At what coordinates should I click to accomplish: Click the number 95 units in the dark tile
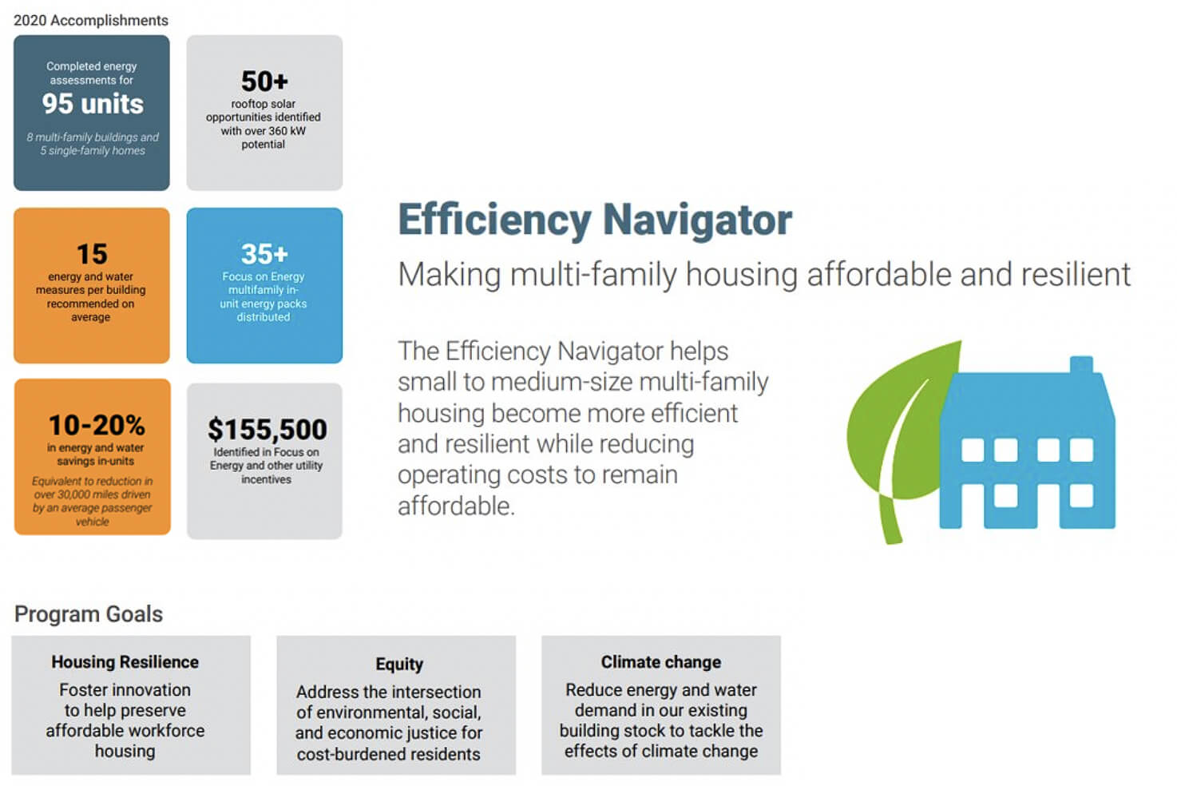tap(93, 104)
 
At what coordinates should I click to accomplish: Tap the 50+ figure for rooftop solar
tap(264, 81)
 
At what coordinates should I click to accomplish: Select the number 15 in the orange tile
tap(92, 254)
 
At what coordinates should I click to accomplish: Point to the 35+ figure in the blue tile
tap(264, 254)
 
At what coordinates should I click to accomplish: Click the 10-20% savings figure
tap(97, 425)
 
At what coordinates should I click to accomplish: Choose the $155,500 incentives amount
tap(267, 430)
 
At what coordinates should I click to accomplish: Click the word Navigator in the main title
tap(697, 221)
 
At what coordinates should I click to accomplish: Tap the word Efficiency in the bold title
tap(494, 221)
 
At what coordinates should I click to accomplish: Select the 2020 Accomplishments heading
tap(91, 21)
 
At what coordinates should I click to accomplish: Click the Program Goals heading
tap(89, 614)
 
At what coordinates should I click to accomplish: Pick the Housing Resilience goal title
tap(125, 662)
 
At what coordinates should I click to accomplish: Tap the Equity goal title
tap(399, 665)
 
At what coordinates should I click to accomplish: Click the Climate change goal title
tap(661, 662)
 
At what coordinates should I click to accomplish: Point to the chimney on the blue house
tap(1081, 365)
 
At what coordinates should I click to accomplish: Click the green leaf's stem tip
tap(893, 541)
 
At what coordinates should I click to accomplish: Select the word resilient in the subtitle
tap(1076, 274)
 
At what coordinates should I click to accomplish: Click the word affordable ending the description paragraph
tap(456, 506)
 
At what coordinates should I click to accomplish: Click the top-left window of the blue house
tap(973, 451)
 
